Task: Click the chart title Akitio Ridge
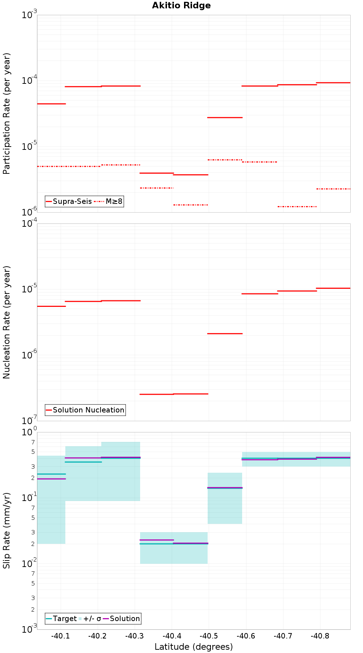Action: coord(181,5)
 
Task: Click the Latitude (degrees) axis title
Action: coord(193,647)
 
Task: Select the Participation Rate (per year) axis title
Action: coord(7,114)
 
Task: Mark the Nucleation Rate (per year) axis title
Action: coord(7,322)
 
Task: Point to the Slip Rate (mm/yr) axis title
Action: coord(7,530)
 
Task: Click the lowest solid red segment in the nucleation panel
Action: coord(156,394)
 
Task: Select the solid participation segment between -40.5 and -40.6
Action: coord(225,118)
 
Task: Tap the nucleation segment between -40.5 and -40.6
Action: coord(225,333)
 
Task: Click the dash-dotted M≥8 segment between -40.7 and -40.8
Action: coord(297,206)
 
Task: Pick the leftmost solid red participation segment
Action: coord(51,104)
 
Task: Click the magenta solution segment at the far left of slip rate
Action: coord(51,479)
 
